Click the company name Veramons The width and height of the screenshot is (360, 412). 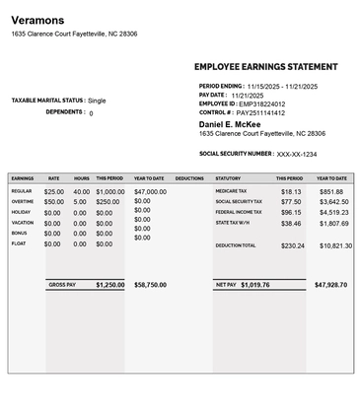[x=37, y=20]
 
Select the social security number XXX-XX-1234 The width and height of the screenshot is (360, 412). [x=297, y=154]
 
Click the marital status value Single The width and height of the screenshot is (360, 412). [x=97, y=101]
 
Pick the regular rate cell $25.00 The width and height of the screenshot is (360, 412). [x=54, y=191]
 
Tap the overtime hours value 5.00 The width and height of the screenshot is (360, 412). [x=81, y=201]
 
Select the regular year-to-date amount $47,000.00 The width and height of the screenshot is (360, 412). [x=150, y=191]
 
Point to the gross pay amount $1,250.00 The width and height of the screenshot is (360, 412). [x=110, y=285]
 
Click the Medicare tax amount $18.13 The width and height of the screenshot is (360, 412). [x=291, y=191]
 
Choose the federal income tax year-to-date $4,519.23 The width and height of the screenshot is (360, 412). [x=333, y=212]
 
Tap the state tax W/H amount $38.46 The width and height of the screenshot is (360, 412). [x=291, y=223]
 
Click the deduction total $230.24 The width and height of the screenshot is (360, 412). [x=292, y=245]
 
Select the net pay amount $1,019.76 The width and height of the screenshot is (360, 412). [x=254, y=285]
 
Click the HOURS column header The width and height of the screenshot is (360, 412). [x=81, y=178]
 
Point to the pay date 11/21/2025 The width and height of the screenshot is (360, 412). [x=249, y=95]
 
